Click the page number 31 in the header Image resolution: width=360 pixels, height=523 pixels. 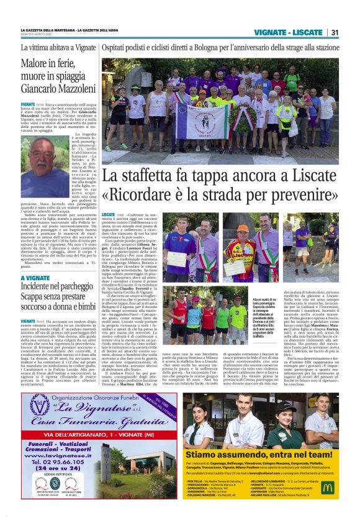pyautogui.click(x=335, y=32)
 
